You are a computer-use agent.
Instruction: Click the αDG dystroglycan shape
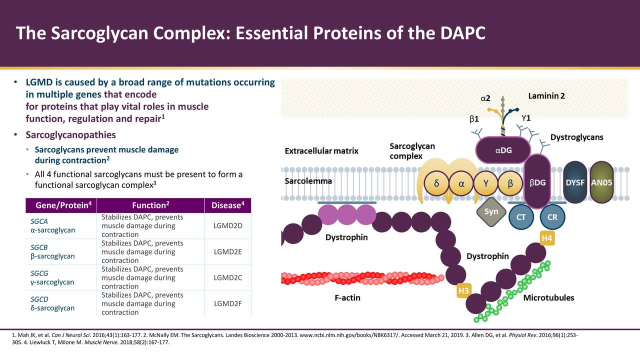[503, 150]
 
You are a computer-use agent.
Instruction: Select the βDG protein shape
[537, 182]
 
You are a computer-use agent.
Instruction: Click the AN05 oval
[601, 182]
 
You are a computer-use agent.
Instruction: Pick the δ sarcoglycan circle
[437, 183]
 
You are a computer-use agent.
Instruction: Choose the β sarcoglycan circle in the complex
[510, 183]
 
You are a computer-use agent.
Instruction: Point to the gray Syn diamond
[491, 211]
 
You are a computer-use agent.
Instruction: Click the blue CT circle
[520, 217]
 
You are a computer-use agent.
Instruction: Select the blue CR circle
[552, 217]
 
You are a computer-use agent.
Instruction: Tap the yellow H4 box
[547, 238]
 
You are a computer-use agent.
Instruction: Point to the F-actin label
[347, 298]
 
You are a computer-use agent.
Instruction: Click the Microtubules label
[548, 298]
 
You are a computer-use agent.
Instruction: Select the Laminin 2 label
[546, 96]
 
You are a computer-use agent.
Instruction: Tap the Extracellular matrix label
[321, 151]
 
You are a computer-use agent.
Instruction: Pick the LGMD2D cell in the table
[227, 225]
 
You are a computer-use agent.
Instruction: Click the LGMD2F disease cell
[227, 303]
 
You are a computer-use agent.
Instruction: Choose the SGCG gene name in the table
[39, 273]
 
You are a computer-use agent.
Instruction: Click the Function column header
[150, 205]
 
